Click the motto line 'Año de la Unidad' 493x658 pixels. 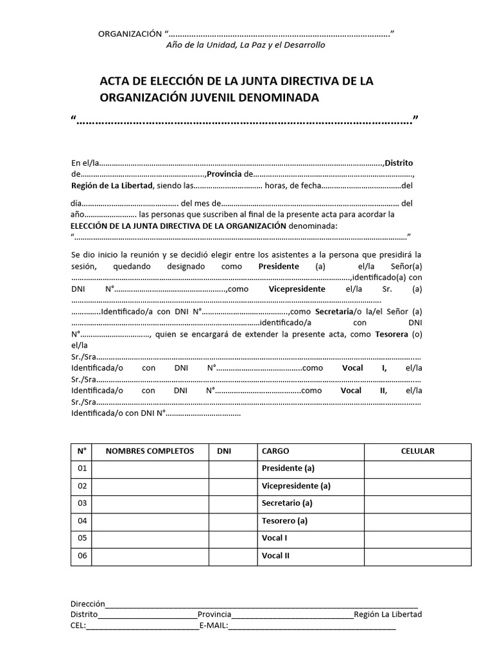point(245,45)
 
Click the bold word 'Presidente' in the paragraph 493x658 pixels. point(279,266)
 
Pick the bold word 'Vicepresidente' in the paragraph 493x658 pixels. point(297,289)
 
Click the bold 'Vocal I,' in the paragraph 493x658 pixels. point(364,368)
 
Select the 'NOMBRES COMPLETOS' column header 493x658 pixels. point(150,451)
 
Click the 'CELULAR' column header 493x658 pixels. point(418,451)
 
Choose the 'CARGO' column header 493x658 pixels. point(275,451)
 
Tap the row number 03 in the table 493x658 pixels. point(82,502)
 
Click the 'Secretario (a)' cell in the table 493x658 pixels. point(287,502)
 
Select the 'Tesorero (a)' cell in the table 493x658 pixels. point(284,520)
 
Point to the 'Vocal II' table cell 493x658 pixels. point(275,555)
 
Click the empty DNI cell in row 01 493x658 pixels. point(232,468)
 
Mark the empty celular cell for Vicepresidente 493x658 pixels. point(418,486)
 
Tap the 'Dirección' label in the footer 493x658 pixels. point(87,604)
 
